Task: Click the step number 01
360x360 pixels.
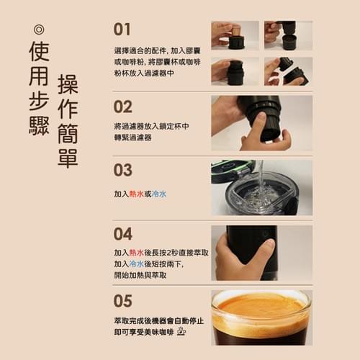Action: [122, 30]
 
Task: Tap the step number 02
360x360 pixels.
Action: [122, 107]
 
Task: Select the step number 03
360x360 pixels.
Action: [122, 170]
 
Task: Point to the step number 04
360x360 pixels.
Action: [122, 234]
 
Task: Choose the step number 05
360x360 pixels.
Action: [122, 301]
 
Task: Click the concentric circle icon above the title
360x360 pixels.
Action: [39, 30]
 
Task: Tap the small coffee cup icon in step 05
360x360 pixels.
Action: [181, 331]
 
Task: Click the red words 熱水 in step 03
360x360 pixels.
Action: [136, 194]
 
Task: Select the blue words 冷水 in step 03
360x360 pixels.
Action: [159, 194]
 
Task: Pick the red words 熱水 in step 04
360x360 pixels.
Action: [136, 253]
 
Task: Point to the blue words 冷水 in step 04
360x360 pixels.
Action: [136, 264]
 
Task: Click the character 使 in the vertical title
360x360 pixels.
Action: [39, 51]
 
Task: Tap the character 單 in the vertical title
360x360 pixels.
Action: [68, 158]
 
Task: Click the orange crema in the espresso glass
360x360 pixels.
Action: [261, 306]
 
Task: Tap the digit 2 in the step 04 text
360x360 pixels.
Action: [168, 253]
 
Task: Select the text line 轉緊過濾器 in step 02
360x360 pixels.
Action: [132, 138]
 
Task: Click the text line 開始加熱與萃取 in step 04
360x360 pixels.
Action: [140, 275]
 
